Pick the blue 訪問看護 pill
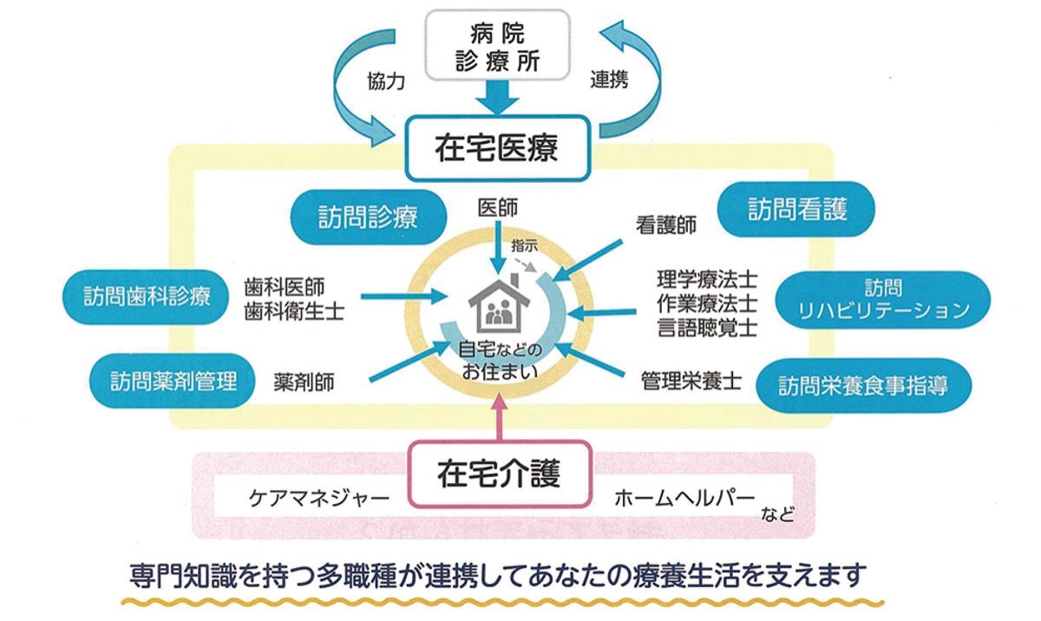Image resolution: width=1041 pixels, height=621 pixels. click(x=797, y=209)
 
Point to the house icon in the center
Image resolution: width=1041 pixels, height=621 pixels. click(x=499, y=302)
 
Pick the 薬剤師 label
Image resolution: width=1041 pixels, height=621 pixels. click(x=304, y=381)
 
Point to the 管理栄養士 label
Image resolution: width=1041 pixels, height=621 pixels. click(x=691, y=381)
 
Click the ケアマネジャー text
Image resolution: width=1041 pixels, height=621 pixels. click(x=307, y=499)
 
